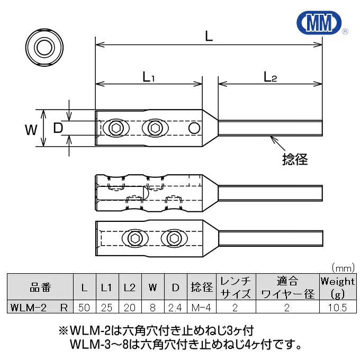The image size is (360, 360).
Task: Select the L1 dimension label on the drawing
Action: (148, 77)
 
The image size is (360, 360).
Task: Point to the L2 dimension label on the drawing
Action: (270, 77)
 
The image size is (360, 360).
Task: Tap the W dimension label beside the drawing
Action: (31, 128)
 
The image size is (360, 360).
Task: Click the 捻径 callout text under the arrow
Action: (295, 159)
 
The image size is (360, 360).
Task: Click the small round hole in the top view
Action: (194, 128)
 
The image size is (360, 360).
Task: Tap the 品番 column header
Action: (40, 287)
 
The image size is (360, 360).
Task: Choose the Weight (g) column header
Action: (337, 287)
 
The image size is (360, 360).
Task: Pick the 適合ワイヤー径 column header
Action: (287, 287)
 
